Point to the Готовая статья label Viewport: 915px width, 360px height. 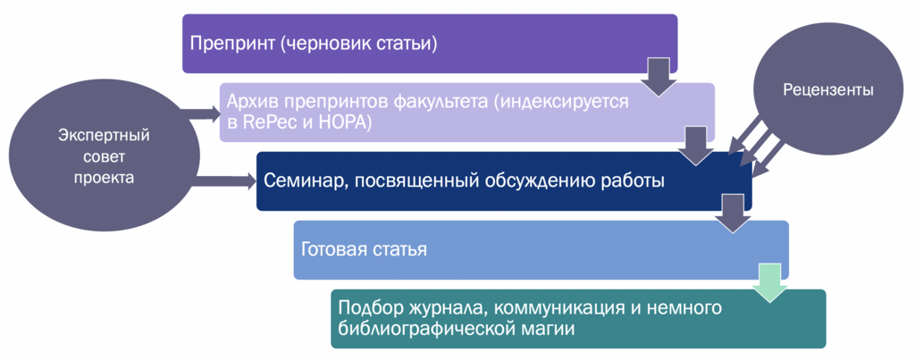click(x=365, y=250)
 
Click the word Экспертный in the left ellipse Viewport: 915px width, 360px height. click(x=105, y=136)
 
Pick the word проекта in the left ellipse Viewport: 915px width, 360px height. click(x=105, y=178)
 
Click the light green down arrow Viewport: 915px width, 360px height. click(x=769, y=281)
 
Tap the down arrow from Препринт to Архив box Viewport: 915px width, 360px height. click(x=659, y=76)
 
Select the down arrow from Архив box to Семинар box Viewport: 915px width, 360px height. click(x=695, y=146)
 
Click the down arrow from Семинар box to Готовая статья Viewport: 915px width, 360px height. click(x=733, y=213)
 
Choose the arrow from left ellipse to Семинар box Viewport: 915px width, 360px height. click(x=222, y=180)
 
